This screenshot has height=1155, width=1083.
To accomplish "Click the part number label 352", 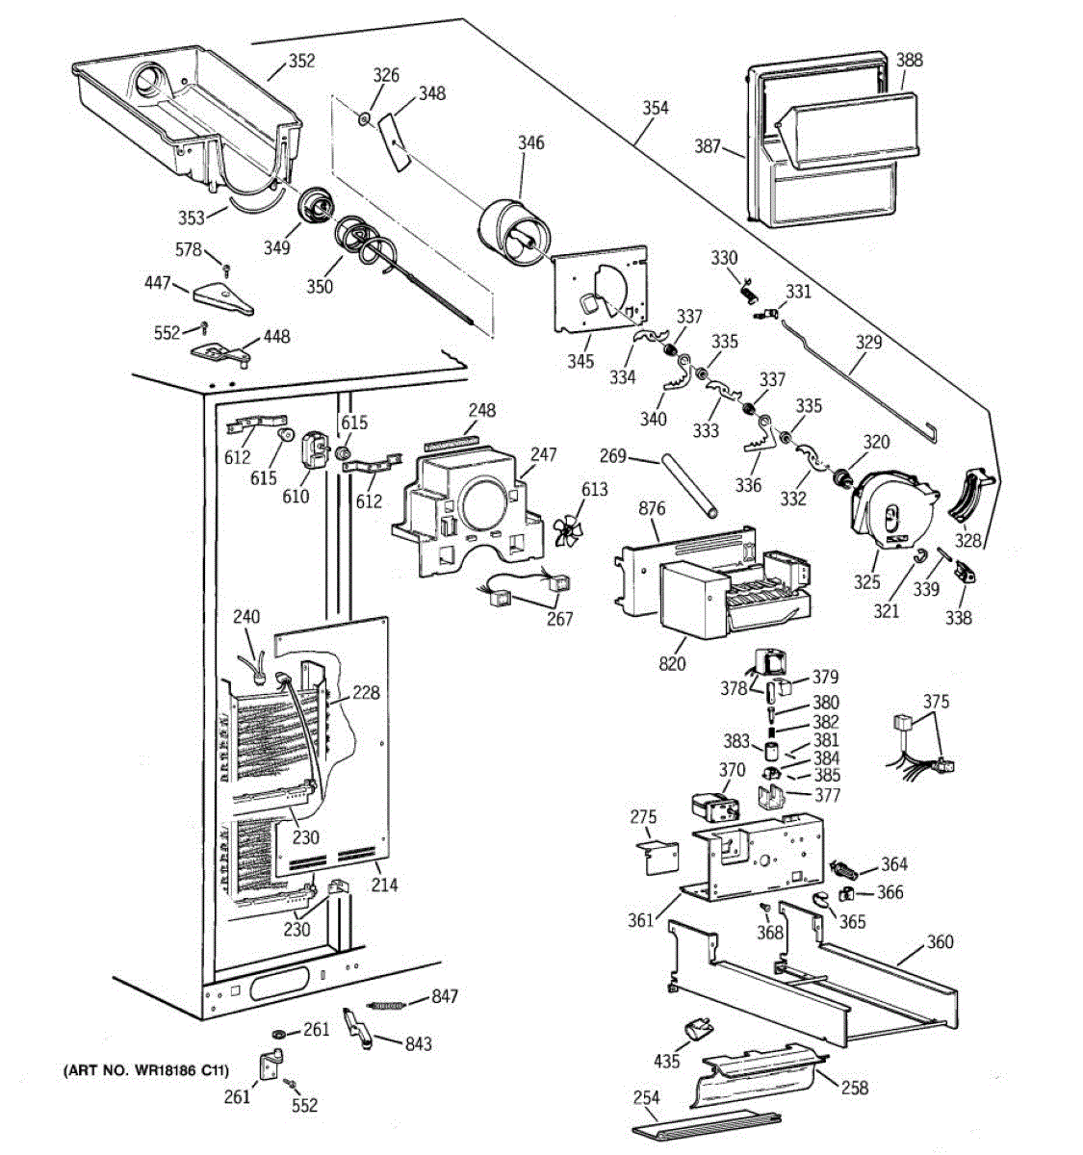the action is (302, 61).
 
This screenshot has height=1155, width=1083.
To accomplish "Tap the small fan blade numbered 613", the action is (566, 530).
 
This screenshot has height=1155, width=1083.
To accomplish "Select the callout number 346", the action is (530, 142).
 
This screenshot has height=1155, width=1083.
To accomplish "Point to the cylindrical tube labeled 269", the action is (689, 486).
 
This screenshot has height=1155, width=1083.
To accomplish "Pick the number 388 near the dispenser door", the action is (909, 60).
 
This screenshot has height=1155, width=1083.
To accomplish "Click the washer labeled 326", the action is (364, 118).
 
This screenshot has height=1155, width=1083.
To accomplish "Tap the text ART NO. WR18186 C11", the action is (145, 1070).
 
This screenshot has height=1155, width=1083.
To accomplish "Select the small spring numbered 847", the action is (385, 1005).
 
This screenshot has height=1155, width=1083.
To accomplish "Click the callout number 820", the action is (672, 663).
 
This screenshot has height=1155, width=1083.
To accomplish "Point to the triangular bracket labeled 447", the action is (223, 298).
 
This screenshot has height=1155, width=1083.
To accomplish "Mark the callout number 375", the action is (936, 702).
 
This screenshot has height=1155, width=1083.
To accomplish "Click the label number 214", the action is (384, 885).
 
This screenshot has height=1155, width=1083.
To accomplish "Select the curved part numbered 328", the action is (972, 492).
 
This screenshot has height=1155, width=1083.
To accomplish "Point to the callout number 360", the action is (940, 941).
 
